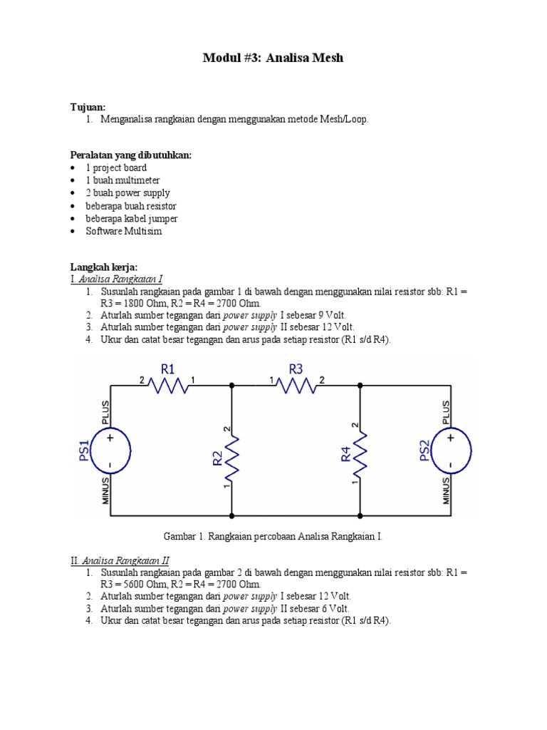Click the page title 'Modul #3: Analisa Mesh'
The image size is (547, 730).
(273, 58)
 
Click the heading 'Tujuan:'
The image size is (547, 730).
(88, 107)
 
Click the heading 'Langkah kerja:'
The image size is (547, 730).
(103, 267)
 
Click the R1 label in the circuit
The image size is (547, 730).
(168, 369)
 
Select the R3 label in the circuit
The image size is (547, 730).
(296, 369)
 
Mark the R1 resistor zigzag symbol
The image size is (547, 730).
(168, 386)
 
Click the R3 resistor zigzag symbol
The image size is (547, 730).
(296, 386)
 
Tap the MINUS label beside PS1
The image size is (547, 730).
(105, 491)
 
